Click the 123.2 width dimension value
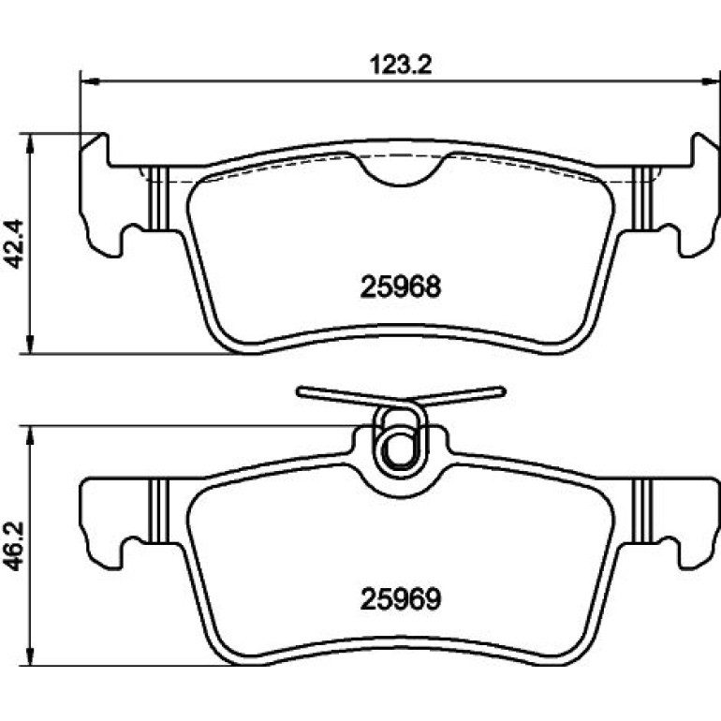pyautogui.click(x=401, y=65)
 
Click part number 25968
pyautogui.click(x=401, y=287)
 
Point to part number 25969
pyautogui.click(x=401, y=599)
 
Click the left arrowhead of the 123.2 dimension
pyautogui.click(x=90, y=81)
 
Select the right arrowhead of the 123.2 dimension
pyautogui.click(x=711, y=81)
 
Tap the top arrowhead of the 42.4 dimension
pyautogui.click(x=30, y=143)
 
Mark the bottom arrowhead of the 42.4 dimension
pyautogui.click(x=30, y=344)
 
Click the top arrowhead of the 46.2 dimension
pyautogui.click(x=30, y=435)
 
